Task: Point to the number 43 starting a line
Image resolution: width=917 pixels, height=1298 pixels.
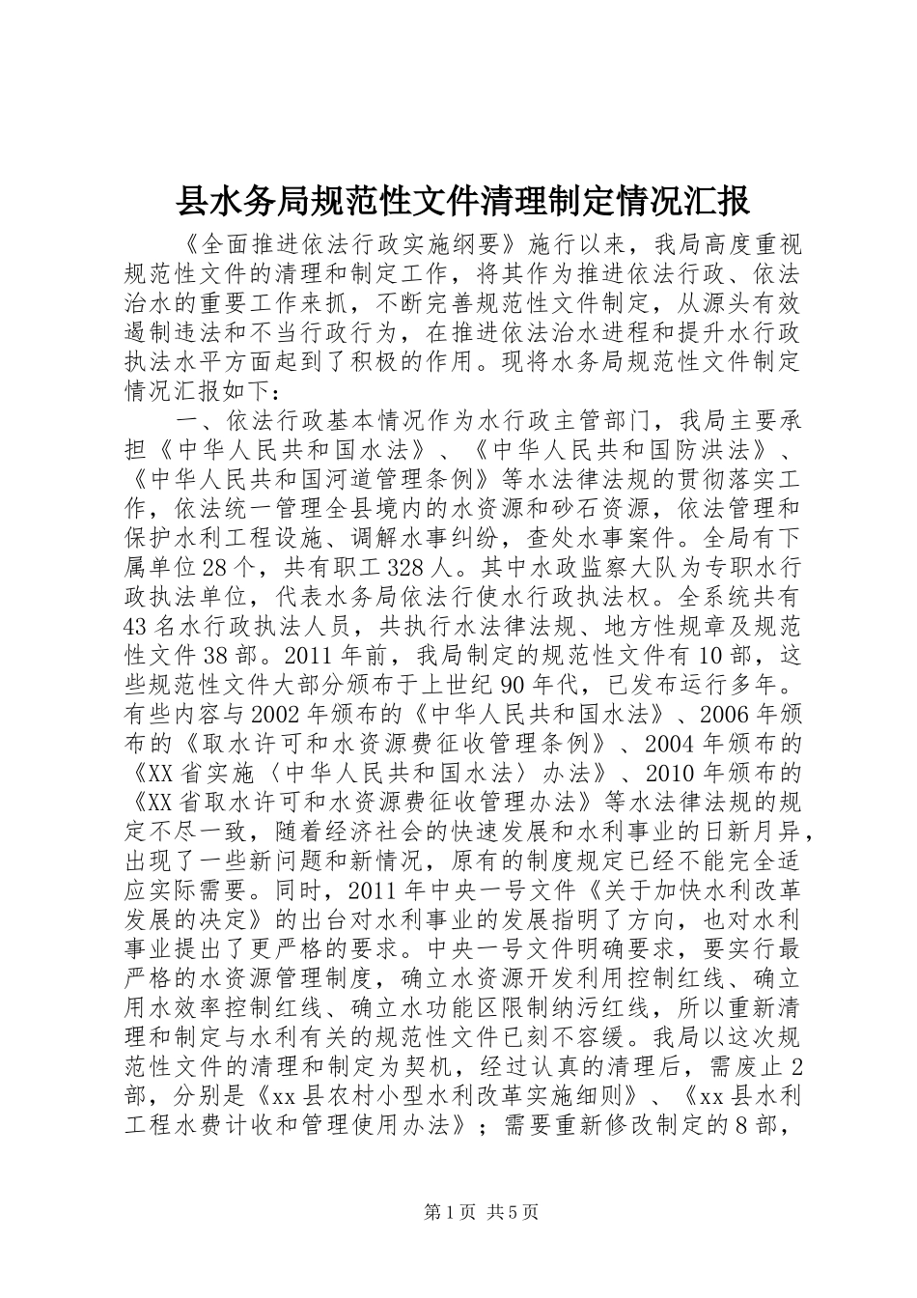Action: point(137,626)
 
